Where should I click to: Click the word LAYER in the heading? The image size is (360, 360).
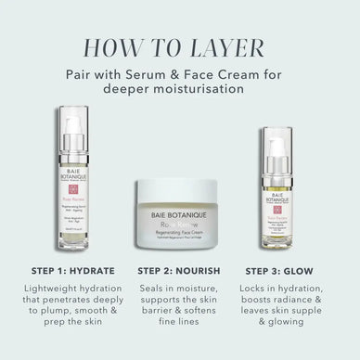click(x=236, y=47)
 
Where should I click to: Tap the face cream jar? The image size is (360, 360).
click(x=180, y=216)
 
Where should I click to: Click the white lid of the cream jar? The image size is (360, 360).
click(x=180, y=191)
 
